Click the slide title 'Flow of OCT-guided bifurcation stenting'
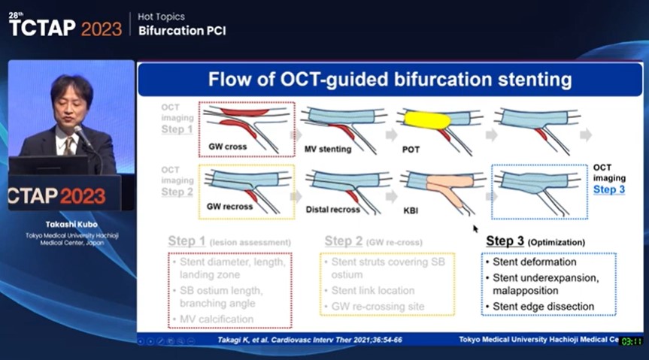pyautogui.click(x=390, y=80)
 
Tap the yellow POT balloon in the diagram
pyautogui.click(x=426, y=119)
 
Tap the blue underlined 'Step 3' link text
pyautogui.click(x=608, y=189)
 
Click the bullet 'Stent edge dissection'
pyautogui.click(x=543, y=306)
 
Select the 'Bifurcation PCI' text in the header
pyautogui.click(x=182, y=31)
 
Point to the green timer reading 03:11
pyautogui.click(x=631, y=341)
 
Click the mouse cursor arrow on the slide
pyautogui.click(x=475, y=228)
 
